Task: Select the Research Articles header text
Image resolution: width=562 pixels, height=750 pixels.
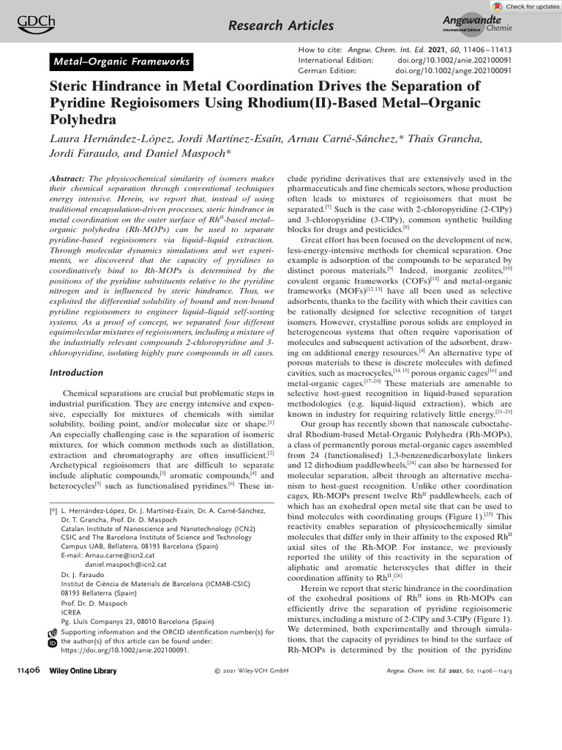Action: click(x=281, y=26)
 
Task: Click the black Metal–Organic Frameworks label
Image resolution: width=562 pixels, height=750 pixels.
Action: click(x=121, y=62)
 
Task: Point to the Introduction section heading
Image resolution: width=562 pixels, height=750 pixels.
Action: click(x=76, y=373)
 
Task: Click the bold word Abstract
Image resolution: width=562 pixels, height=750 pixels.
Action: click(x=68, y=179)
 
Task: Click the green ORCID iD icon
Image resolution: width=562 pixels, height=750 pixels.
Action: click(x=52, y=642)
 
